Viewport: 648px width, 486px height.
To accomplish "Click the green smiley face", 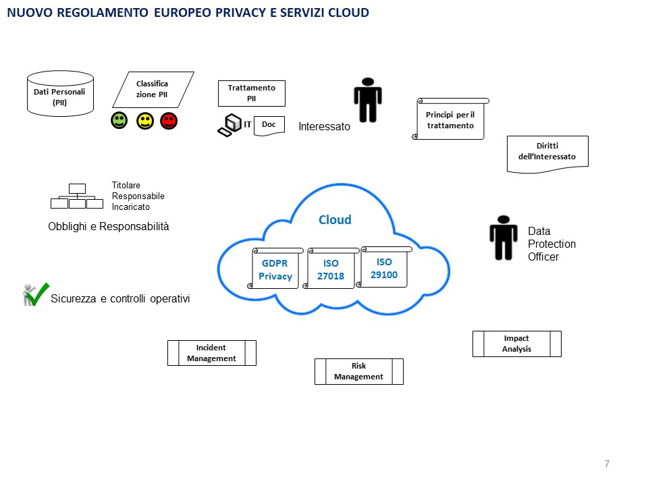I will pos(119,121).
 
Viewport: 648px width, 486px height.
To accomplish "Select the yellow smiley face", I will pos(144,121).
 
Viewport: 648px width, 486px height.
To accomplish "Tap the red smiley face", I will pos(169,121).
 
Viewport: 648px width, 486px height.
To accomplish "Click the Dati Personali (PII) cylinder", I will pos(59,93).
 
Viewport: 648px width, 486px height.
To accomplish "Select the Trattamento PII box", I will pos(251,93).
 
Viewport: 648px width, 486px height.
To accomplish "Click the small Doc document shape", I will pos(269,125).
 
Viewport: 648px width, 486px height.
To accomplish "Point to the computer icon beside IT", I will pos(230,125).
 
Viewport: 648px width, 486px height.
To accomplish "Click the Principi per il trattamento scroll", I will pos(450,119).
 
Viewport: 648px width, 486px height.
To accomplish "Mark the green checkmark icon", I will pos(35,294).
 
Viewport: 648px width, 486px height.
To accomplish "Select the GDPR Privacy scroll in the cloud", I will pos(275,269).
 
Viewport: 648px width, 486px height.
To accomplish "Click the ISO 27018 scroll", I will pos(330,269).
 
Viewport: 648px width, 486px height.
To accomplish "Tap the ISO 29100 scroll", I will pos(384,267).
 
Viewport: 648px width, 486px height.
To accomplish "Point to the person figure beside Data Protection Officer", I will pos(503,238).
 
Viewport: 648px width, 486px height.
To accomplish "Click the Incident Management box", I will pos(211,353).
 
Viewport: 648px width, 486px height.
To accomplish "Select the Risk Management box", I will pos(358,371).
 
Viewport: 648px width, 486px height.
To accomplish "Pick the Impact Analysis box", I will pos(516,344).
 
